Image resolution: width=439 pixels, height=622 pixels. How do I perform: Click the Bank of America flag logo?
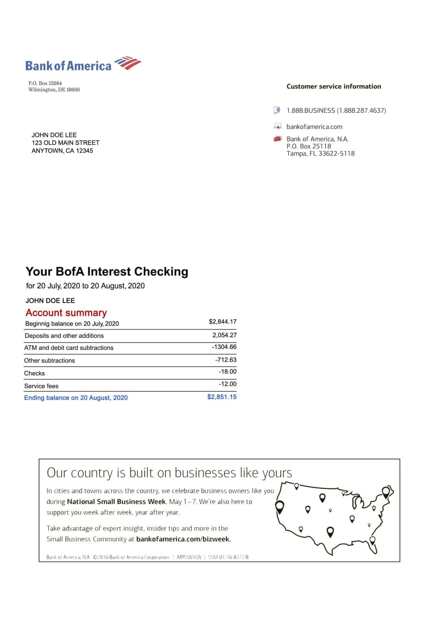(x=127, y=64)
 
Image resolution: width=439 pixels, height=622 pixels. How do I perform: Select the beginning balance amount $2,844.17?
(x=222, y=322)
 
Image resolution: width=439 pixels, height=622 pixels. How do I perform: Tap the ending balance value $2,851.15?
(x=222, y=397)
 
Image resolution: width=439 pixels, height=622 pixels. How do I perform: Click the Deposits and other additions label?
(x=64, y=336)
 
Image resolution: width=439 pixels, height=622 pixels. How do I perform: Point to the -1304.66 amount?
(x=224, y=347)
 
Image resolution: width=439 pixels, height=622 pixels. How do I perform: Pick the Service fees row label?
(x=41, y=386)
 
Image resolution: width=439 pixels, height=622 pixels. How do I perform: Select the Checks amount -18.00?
(x=227, y=372)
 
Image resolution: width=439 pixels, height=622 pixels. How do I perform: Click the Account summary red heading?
(x=66, y=313)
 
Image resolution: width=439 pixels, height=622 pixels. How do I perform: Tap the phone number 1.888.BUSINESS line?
(x=336, y=110)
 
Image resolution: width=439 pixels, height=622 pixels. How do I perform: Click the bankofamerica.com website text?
(x=314, y=127)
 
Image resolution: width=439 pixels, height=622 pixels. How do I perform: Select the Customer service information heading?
(x=334, y=86)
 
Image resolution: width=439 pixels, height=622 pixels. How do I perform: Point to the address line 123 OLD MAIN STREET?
(x=66, y=143)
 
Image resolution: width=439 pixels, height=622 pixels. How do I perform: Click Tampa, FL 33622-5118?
(x=321, y=154)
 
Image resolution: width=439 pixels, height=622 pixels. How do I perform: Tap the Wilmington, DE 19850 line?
(x=54, y=90)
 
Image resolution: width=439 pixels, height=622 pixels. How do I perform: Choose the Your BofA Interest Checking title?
(x=107, y=272)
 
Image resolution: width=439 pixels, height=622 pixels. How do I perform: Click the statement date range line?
(x=85, y=286)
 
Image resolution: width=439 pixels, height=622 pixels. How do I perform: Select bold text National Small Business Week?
(x=117, y=501)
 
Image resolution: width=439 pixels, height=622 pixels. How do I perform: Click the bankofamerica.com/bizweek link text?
(x=183, y=539)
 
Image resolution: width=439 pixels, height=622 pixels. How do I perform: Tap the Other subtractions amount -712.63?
(x=226, y=360)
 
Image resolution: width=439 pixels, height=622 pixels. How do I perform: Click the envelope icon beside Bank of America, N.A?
(x=277, y=139)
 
